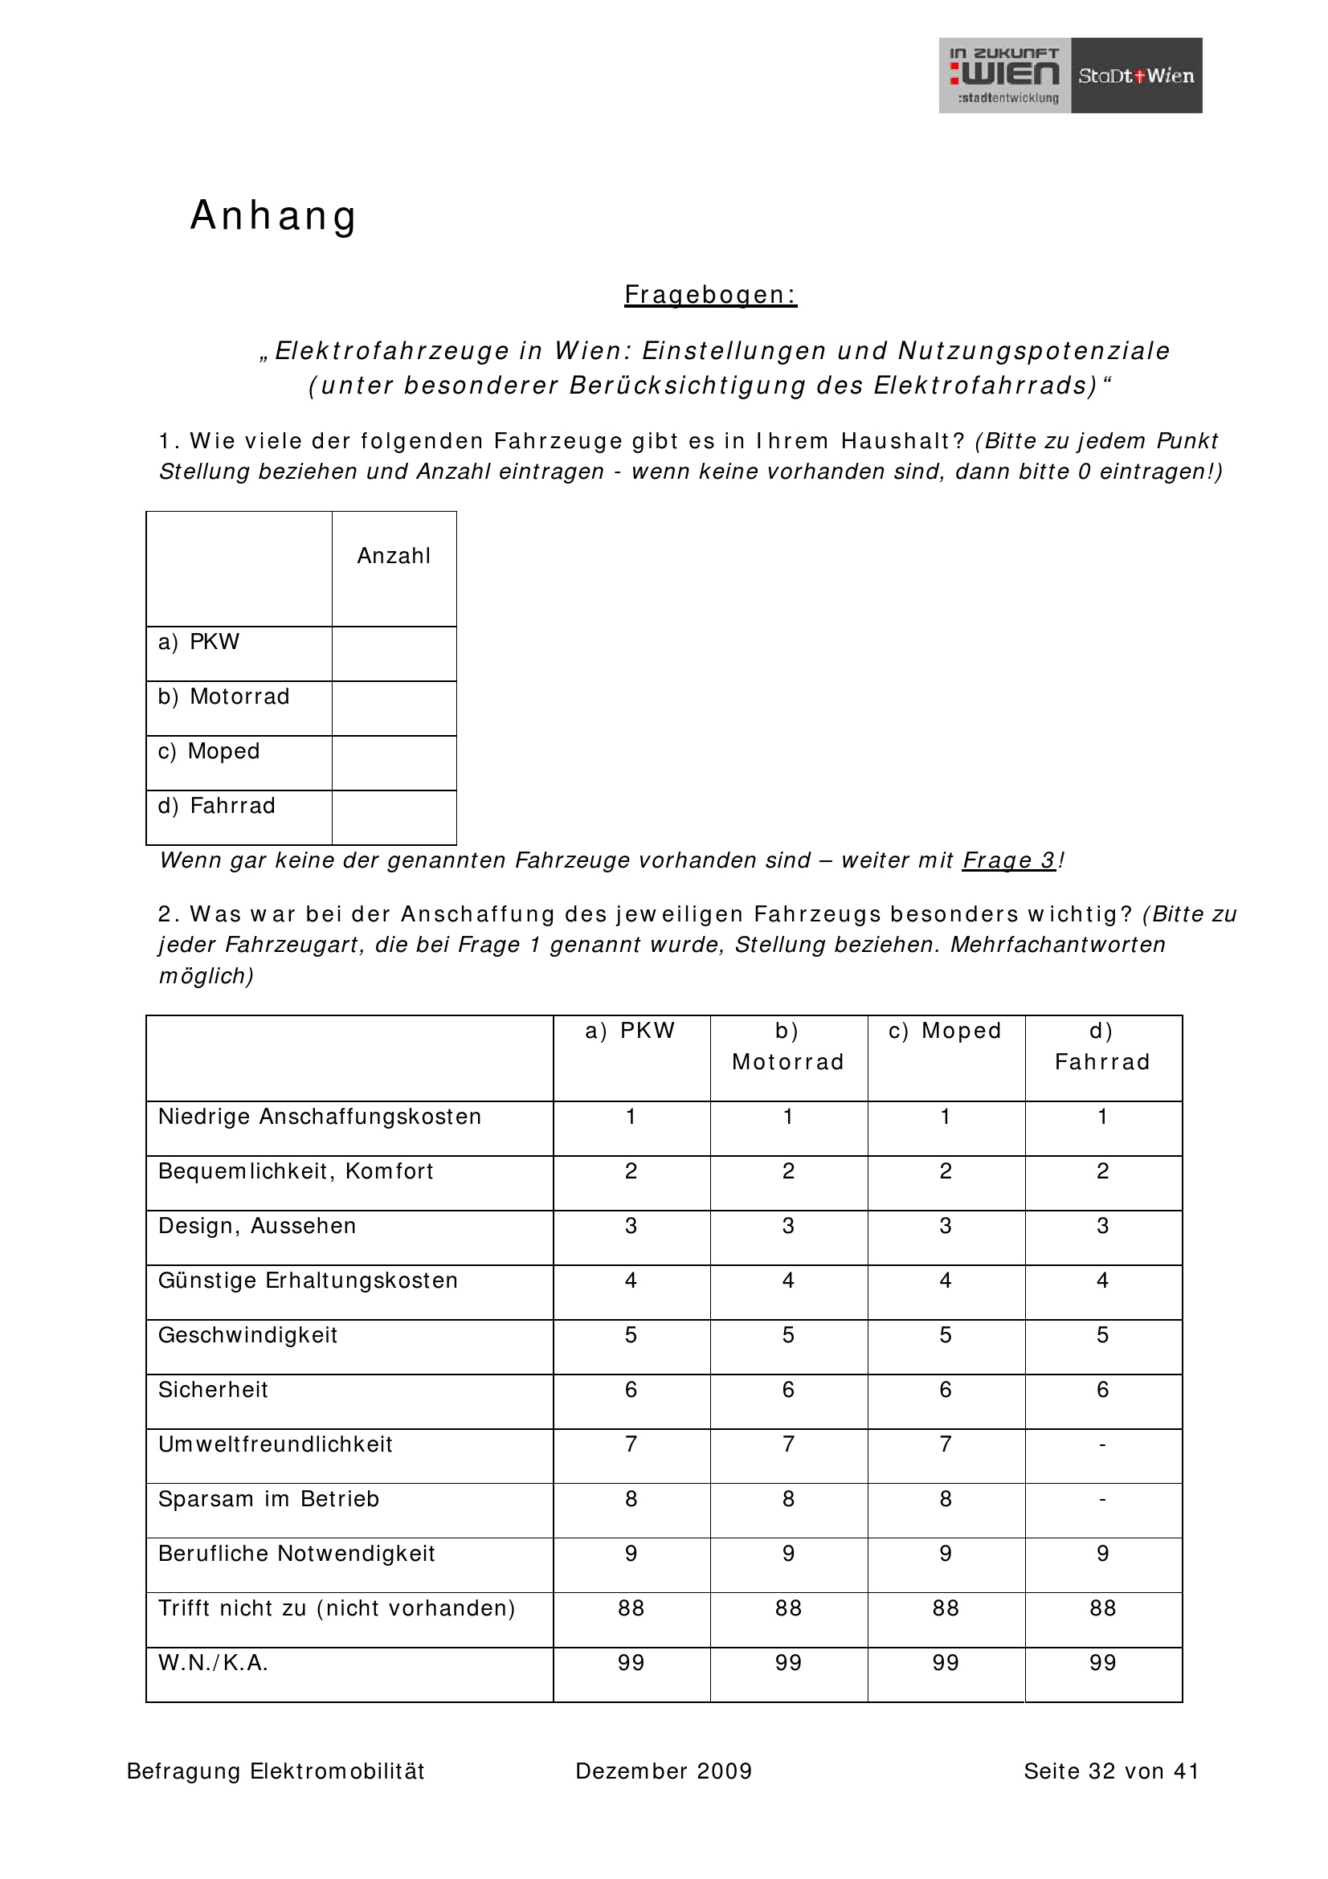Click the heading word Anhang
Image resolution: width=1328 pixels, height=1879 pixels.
[273, 216]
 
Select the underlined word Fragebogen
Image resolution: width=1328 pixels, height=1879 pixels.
[709, 295]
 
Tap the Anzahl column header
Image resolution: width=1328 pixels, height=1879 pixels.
[394, 557]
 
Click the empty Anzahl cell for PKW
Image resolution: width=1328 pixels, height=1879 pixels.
[394, 654]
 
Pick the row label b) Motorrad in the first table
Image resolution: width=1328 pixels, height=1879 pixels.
[223, 696]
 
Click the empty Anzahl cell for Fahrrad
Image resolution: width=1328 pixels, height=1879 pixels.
[394, 818]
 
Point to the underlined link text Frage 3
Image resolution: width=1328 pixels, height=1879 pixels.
[1009, 860]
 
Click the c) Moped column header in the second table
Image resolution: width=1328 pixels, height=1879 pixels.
[945, 1031]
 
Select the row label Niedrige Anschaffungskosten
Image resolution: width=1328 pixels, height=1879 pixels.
[319, 1117]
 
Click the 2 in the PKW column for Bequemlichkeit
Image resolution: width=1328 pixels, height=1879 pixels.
[631, 1171]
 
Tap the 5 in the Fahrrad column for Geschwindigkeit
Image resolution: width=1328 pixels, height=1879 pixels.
[1102, 1335]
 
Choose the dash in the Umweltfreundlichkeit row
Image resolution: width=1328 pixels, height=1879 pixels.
[1102, 1445]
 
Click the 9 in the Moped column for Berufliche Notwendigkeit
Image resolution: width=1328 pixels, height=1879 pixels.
[945, 1554]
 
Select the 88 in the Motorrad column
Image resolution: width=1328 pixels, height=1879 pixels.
[788, 1608]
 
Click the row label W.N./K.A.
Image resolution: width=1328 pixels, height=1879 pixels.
[213, 1663]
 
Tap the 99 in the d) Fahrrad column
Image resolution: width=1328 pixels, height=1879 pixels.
[1102, 1663]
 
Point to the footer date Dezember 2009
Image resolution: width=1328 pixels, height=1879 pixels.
[663, 1771]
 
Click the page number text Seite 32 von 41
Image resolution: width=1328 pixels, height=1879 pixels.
[1111, 1771]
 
